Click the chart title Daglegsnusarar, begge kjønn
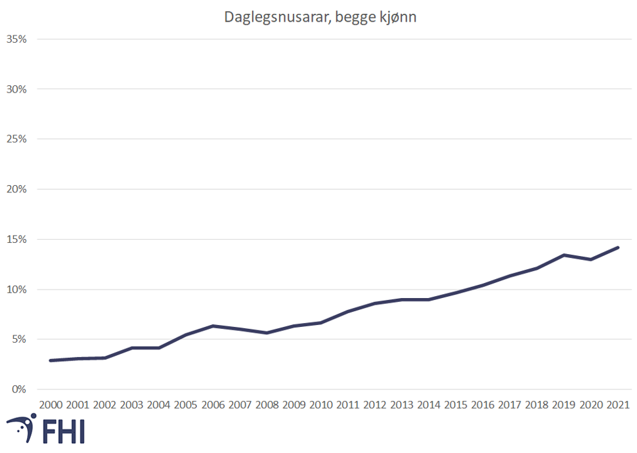click(x=320, y=17)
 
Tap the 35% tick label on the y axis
click(x=16, y=39)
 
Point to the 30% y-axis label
click(x=16, y=89)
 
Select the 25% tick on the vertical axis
click(x=16, y=139)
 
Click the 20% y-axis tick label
click(x=16, y=189)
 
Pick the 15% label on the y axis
click(x=16, y=239)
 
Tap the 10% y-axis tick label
click(x=16, y=290)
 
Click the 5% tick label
click(x=18, y=339)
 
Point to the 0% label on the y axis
click(x=18, y=389)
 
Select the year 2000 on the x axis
click(x=51, y=404)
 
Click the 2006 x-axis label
click(x=213, y=404)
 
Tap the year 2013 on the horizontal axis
click(x=401, y=404)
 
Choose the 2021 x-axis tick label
click(x=617, y=404)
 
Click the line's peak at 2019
click(x=563, y=255)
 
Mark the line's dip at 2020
click(x=590, y=259)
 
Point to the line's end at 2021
click(x=617, y=248)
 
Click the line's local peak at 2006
click(x=213, y=326)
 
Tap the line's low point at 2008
click(x=267, y=333)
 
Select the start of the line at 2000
click(x=51, y=360)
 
